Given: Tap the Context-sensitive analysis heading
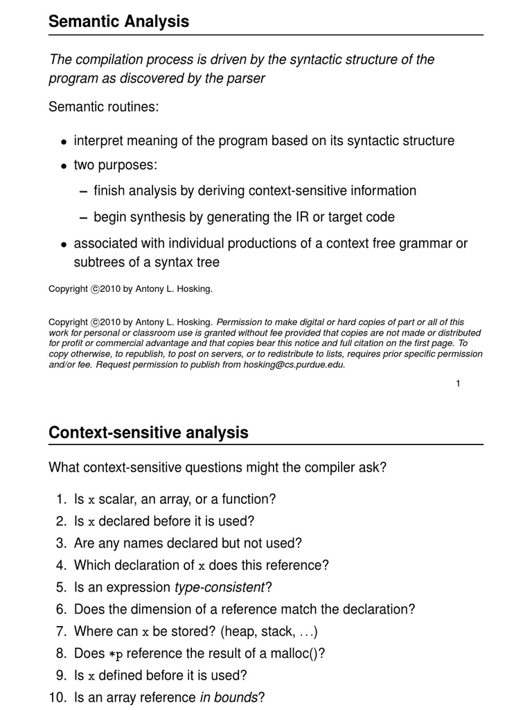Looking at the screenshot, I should [148, 433].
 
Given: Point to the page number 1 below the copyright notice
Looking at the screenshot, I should [458, 383].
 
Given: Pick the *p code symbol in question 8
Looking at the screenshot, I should [115, 654].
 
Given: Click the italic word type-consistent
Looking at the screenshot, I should [220, 587].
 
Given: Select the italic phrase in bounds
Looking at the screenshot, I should [229, 698].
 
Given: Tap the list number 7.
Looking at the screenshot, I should [60, 632].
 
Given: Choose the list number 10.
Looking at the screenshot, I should [57, 698].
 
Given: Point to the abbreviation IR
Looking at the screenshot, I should [288, 217].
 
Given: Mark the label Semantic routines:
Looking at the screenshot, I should [103, 107].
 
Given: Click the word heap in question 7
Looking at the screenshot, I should [259, 632].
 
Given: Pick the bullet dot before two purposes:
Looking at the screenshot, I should [64, 166].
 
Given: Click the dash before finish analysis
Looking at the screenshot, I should [83, 191].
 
